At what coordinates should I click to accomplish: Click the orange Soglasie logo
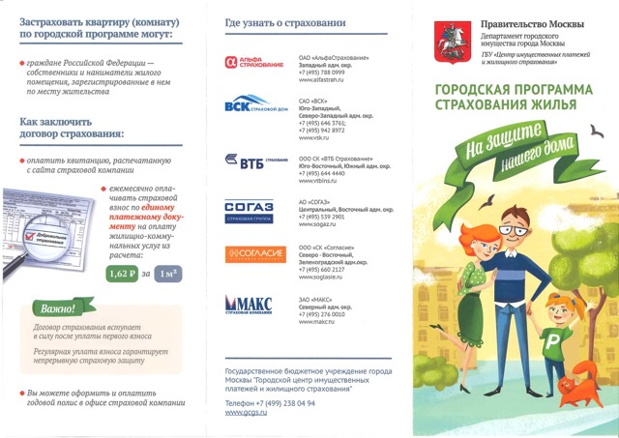point(255,254)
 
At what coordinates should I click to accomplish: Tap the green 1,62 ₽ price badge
point(121,274)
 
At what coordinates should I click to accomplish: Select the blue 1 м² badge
point(169,274)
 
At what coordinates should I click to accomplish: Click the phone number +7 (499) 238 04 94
point(270,402)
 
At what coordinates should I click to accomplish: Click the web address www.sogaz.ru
point(317,224)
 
